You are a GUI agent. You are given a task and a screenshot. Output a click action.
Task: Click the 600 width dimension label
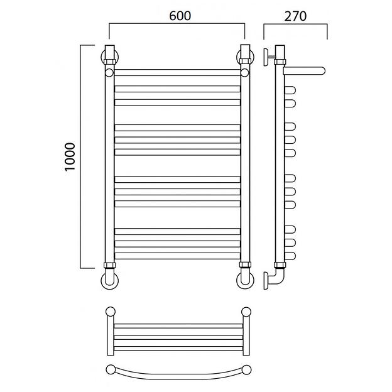point(180,16)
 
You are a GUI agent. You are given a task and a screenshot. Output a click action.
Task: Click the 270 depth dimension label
point(295,16)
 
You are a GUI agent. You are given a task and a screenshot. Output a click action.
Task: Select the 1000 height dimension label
point(70,157)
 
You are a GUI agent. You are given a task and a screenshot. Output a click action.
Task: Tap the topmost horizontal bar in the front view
point(177,72)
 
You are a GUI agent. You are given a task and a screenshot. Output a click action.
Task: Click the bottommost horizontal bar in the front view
point(177,256)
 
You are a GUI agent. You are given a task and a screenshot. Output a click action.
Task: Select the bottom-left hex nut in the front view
point(109,265)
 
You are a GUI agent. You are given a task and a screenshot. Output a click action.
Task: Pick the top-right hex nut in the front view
point(245,62)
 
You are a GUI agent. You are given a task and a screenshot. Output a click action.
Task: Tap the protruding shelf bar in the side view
point(304,71)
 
